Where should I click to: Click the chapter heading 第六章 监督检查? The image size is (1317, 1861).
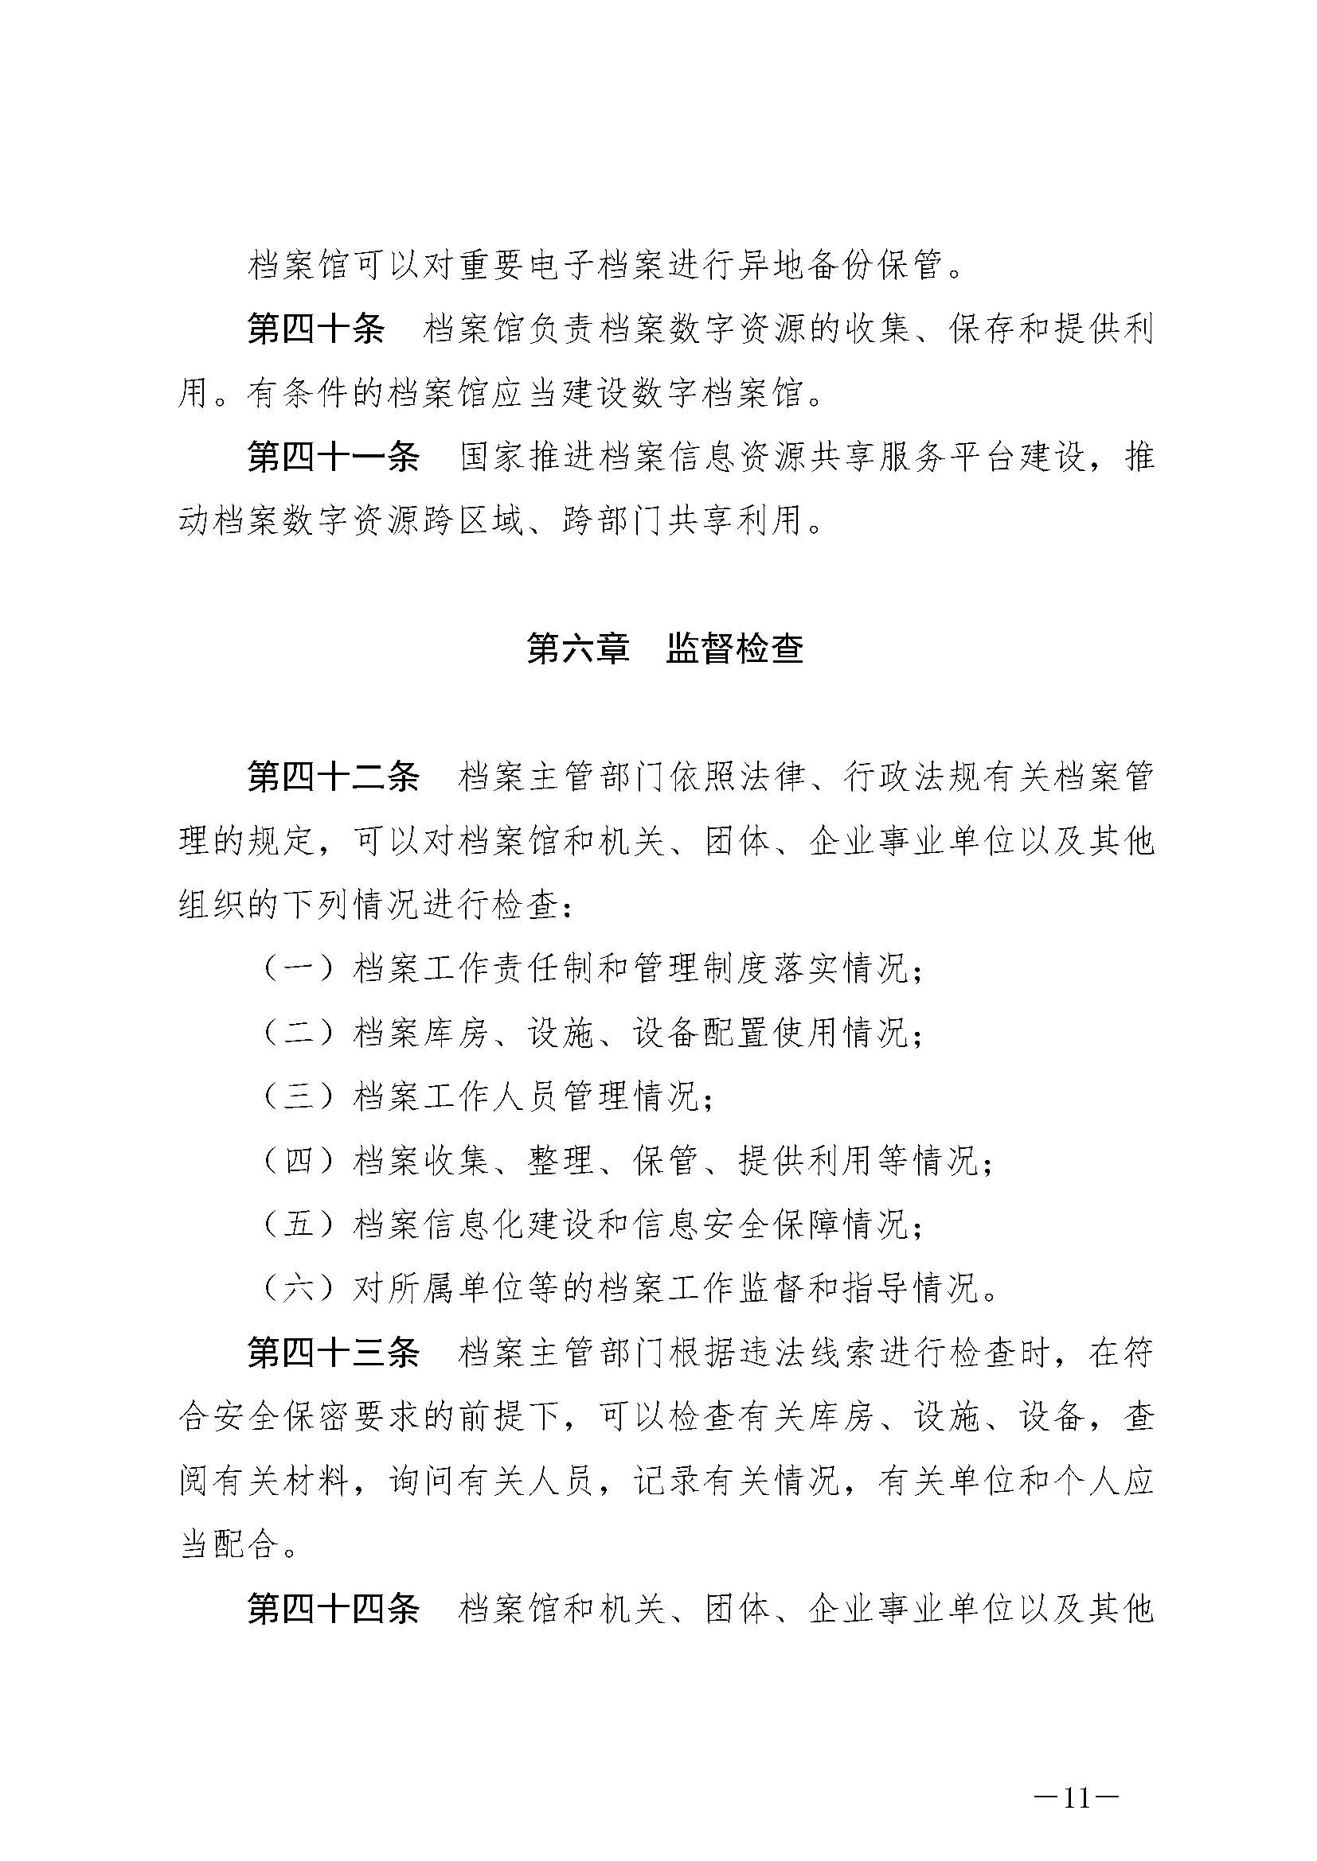pos(665,649)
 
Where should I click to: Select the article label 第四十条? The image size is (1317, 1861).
pos(315,330)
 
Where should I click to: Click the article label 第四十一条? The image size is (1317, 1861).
pos(334,458)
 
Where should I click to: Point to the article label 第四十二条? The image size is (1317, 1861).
pos(334,778)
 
